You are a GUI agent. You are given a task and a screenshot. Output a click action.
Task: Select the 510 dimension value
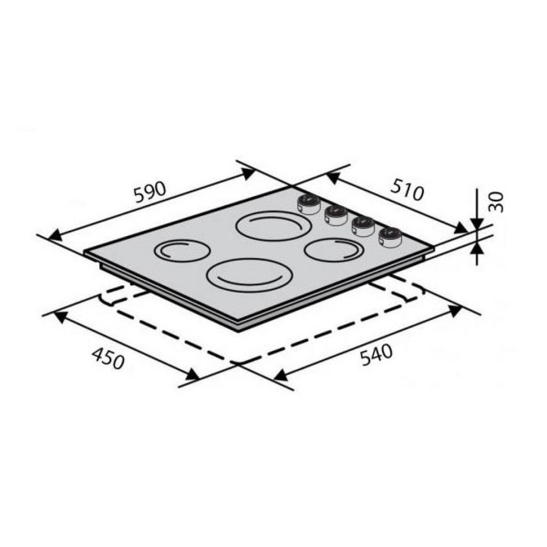point(407,190)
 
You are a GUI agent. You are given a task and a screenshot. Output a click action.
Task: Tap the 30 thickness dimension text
point(496,202)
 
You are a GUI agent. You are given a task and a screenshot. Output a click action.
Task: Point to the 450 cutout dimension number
point(108,359)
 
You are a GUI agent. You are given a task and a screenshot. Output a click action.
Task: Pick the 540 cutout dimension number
point(377,355)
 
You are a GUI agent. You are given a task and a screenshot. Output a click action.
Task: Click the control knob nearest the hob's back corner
point(309,204)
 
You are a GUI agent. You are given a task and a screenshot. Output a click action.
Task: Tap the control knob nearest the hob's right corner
point(390,237)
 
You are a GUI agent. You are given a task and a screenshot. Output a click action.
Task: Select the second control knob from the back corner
point(336,215)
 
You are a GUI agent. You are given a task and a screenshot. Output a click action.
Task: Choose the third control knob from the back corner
point(363,226)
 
